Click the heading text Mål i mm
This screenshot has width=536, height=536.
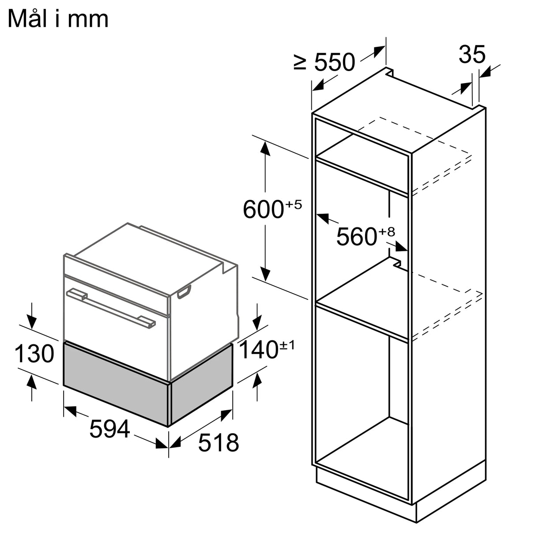58,19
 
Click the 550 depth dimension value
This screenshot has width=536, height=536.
334,63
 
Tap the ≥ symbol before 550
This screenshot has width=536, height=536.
300,62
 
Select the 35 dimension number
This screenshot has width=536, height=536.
472,55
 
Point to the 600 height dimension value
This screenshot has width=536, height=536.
263,209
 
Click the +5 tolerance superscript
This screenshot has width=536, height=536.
293,204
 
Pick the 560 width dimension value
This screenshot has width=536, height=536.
356,237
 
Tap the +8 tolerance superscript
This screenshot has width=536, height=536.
386,232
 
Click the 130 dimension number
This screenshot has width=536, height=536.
34,354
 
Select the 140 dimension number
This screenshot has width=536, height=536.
258,350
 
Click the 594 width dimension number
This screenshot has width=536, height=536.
109,429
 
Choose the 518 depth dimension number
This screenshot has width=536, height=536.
218,442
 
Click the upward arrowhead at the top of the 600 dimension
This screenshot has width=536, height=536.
265,147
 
